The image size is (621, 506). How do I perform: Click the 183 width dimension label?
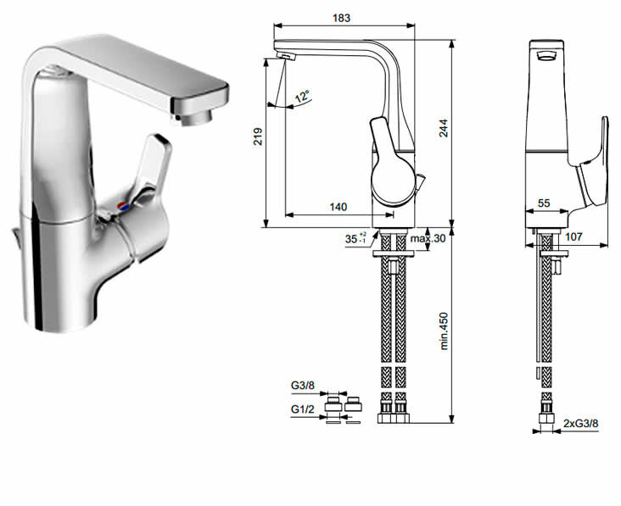341,18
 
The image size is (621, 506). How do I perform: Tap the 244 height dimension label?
444,128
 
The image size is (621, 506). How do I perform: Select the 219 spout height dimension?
258,136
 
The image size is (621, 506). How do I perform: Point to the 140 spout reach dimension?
338,207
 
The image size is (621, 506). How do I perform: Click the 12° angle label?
302,96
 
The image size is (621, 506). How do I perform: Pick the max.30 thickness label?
428,238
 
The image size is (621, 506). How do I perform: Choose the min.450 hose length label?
444,331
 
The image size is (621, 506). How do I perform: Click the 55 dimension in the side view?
544,203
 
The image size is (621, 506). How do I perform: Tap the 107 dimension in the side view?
573,236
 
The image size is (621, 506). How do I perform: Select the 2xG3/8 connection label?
581,423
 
